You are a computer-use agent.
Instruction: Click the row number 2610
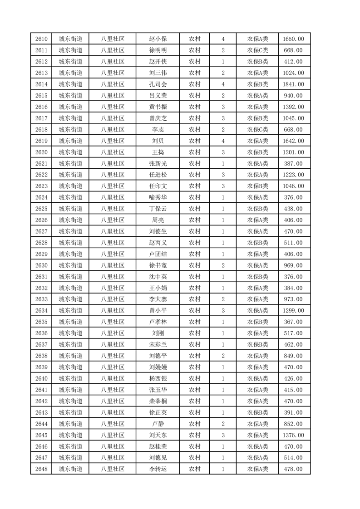point(41,39)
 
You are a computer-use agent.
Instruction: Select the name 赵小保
point(158,39)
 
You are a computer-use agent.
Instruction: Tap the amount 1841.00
point(294,84)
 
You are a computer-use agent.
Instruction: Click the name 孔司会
point(158,84)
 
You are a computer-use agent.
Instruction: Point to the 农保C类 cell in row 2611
point(257,50)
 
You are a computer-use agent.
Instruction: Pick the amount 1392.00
point(294,107)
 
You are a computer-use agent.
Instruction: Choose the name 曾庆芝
point(158,118)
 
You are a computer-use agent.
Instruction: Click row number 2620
point(41,152)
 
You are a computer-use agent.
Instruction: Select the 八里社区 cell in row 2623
point(113,186)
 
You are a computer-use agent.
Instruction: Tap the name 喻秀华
point(158,197)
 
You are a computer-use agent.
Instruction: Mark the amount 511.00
point(294,243)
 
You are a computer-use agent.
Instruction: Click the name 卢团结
point(158,254)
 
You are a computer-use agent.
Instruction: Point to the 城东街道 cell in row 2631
point(70,277)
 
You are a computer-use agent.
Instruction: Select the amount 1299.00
point(294,311)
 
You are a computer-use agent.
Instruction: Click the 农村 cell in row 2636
point(194,333)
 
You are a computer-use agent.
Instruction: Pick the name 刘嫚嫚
point(158,367)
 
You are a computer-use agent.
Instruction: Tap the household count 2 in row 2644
point(223,424)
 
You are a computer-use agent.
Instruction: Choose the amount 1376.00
point(294,435)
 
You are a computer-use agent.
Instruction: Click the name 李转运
point(158,469)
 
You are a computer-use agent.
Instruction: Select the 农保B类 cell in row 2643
point(257,412)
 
